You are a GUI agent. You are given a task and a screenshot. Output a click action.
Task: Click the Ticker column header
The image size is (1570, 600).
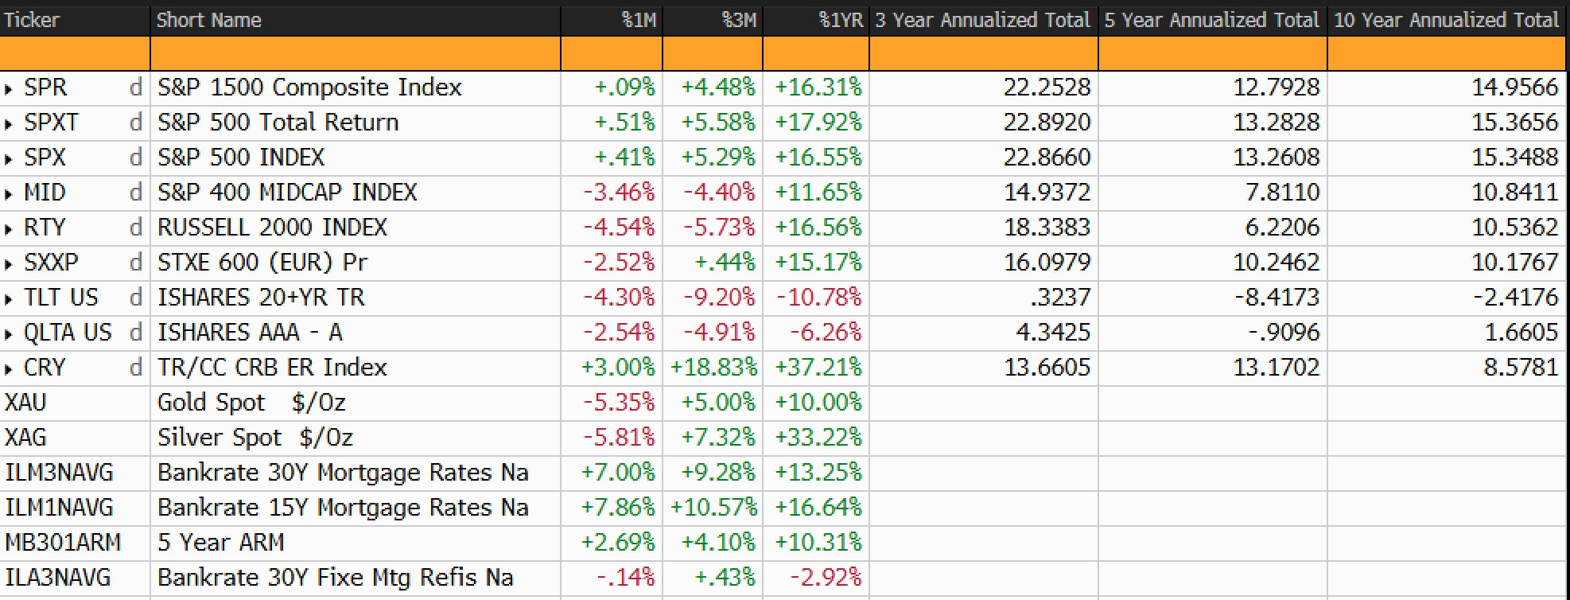[32, 20]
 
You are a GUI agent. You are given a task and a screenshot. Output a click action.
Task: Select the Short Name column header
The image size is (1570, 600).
[208, 20]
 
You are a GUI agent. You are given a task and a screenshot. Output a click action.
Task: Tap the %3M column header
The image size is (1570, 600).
[739, 20]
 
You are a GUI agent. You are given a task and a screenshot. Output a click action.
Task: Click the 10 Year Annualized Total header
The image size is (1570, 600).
[1446, 20]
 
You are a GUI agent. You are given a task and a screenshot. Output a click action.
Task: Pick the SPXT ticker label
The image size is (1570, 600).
[52, 122]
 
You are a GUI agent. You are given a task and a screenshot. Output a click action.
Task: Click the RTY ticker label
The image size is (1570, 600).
[45, 227]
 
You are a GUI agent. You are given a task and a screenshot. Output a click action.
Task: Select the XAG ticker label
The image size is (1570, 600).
[25, 437]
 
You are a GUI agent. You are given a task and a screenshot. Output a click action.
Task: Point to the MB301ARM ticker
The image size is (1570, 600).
[63, 542]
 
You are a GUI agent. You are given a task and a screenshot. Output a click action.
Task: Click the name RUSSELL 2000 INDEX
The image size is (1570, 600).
[272, 227]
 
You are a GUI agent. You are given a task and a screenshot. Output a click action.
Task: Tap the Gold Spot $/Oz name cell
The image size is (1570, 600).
[251, 402]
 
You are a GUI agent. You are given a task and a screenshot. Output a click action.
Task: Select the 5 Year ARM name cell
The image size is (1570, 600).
[220, 542]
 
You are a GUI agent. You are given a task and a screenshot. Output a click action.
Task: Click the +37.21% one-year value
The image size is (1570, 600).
[818, 367]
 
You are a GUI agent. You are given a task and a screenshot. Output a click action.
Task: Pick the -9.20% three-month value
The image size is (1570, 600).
[719, 297]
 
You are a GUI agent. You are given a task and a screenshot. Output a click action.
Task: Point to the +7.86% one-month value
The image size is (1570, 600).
[618, 507]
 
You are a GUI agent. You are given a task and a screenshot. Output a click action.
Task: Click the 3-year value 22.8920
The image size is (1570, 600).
[1047, 122]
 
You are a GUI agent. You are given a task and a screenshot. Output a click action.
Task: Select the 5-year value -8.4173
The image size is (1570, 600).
[1277, 297]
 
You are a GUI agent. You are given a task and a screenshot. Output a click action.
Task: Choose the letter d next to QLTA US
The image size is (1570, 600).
[136, 332]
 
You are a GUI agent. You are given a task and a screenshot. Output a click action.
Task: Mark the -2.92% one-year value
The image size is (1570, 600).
[826, 577]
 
